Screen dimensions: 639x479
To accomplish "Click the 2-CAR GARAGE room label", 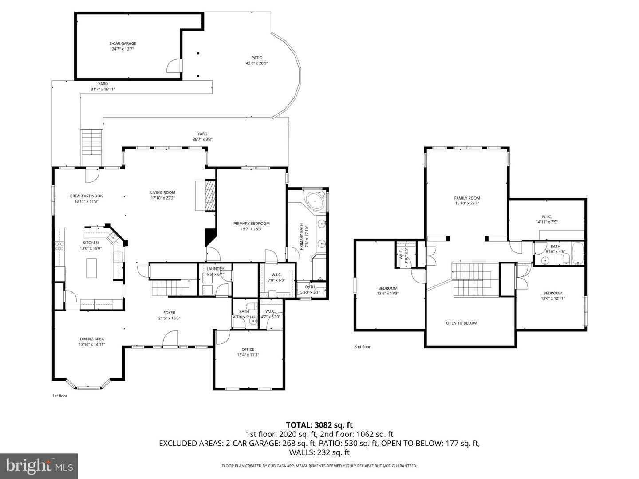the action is click(x=122, y=43).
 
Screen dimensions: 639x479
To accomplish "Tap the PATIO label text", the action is click(x=257, y=58).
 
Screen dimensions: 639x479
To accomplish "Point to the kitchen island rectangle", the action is click(x=91, y=268).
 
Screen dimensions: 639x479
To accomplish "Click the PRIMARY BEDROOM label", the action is click(x=251, y=224).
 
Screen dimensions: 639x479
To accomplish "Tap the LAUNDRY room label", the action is click(x=215, y=269).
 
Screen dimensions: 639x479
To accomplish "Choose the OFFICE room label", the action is click(x=248, y=349).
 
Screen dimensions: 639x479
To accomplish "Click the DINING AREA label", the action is click(x=92, y=339).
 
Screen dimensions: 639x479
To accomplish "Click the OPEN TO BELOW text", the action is click(x=461, y=323).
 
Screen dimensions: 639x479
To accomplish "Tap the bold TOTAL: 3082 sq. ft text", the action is click(x=319, y=425).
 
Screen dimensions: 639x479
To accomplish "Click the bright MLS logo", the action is click(x=39, y=466).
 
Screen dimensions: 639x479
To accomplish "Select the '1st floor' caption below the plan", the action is click(x=59, y=396).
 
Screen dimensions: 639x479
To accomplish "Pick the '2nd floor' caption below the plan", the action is click(x=362, y=347).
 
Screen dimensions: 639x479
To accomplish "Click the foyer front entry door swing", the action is click(x=170, y=338).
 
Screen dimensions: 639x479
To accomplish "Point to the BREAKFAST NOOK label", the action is click(x=86, y=196).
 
